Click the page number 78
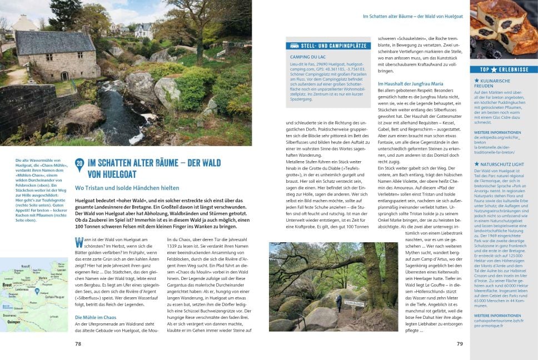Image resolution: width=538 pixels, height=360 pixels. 78,344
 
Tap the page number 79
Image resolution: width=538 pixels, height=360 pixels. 460,344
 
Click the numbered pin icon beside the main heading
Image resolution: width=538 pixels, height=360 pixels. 80,164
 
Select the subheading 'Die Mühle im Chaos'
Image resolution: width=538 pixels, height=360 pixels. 96,317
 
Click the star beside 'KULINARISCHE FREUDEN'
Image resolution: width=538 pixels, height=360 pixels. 477,81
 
